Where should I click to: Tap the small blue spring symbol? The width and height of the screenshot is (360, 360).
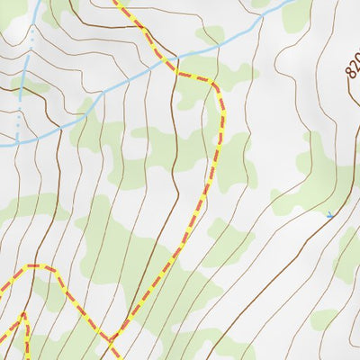[x=329, y=215]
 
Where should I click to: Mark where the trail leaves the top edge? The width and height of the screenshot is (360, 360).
[x=115, y=2]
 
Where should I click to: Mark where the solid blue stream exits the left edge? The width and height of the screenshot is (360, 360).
[x=2, y=143]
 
